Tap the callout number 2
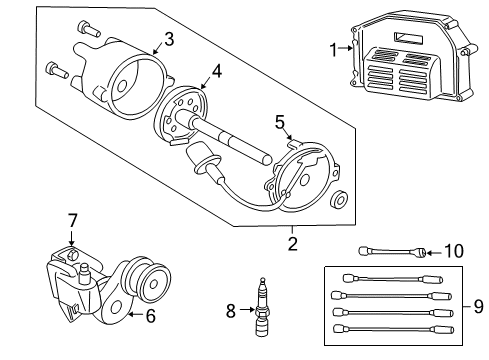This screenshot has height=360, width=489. [x=293, y=243]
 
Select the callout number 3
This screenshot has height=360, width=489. [x=169, y=39]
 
